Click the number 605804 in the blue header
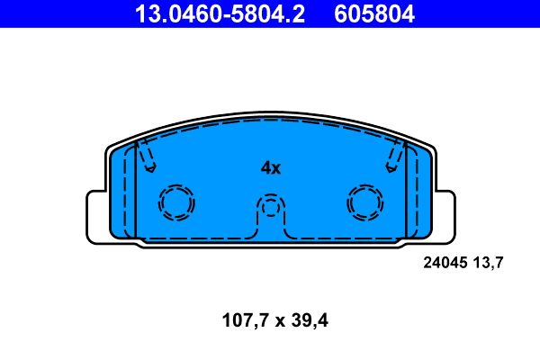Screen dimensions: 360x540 pyautogui.click(x=376, y=13)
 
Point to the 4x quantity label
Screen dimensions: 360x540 pyautogui.click(x=271, y=167)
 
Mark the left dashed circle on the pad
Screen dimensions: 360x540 pyautogui.click(x=176, y=202)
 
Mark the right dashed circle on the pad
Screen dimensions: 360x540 pyautogui.click(x=365, y=202)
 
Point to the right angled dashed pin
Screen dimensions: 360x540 pyautogui.click(x=395, y=157)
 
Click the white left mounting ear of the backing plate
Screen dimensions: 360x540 pyautogui.click(x=98, y=215)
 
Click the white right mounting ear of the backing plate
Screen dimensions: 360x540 pyautogui.click(x=442, y=215)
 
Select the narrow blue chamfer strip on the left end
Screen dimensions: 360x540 pyautogui.click(x=127, y=193)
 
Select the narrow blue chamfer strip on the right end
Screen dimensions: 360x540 pyautogui.click(x=413, y=193)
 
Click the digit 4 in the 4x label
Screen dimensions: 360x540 pyautogui.click(x=265, y=167)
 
